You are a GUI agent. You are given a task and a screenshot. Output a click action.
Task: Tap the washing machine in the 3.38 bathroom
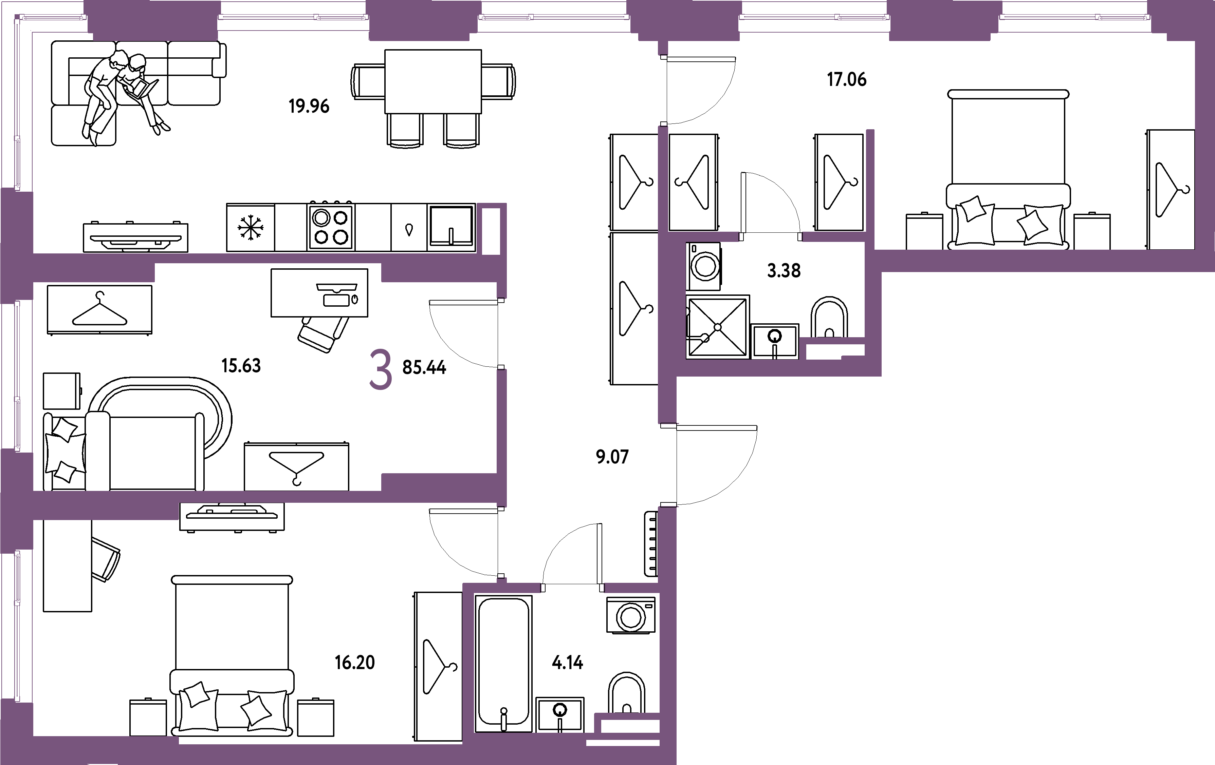point(703,266)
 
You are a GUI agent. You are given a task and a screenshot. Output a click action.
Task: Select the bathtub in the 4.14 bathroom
point(503,664)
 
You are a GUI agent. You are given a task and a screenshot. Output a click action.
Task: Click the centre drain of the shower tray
point(718,327)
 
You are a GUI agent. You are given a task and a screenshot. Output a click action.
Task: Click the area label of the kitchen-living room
point(309,107)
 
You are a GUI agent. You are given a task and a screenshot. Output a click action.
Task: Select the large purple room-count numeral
point(381,371)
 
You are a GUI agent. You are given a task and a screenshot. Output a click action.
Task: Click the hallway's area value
point(612,457)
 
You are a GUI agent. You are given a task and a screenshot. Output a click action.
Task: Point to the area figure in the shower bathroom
point(784,271)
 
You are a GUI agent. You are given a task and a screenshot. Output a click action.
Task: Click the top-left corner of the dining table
point(385,50)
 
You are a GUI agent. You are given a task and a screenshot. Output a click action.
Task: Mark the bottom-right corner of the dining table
point(481,113)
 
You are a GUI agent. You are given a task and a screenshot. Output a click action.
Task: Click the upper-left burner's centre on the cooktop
point(321,218)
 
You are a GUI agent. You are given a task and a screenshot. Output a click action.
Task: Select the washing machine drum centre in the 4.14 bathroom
point(631,616)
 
